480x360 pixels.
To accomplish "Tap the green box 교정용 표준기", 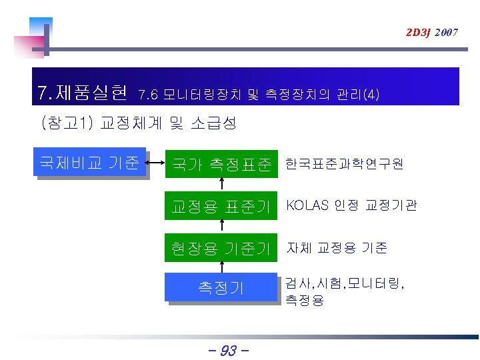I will pyautogui.click(x=221, y=206).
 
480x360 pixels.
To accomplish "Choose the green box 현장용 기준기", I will pyautogui.click(x=221, y=249).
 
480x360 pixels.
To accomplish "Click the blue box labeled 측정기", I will pyautogui.click(x=221, y=287).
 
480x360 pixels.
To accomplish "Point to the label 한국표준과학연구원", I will pyautogui.click(x=344, y=163).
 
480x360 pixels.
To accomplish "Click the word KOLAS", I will pyautogui.click(x=307, y=205).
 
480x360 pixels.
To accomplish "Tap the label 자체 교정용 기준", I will pyautogui.click(x=337, y=248).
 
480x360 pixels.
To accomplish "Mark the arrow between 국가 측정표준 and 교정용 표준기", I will pyautogui.click(x=221, y=185).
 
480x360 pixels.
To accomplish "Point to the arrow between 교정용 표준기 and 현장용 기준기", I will pyautogui.click(x=221, y=227).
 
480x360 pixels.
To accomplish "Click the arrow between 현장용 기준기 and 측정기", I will pyautogui.click(x=221, y=267).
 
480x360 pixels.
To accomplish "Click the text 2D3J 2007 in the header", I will pyautogui.click(x=431, y=32).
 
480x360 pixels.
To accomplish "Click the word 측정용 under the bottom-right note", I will pyautogui.click(x=305, y=301).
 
